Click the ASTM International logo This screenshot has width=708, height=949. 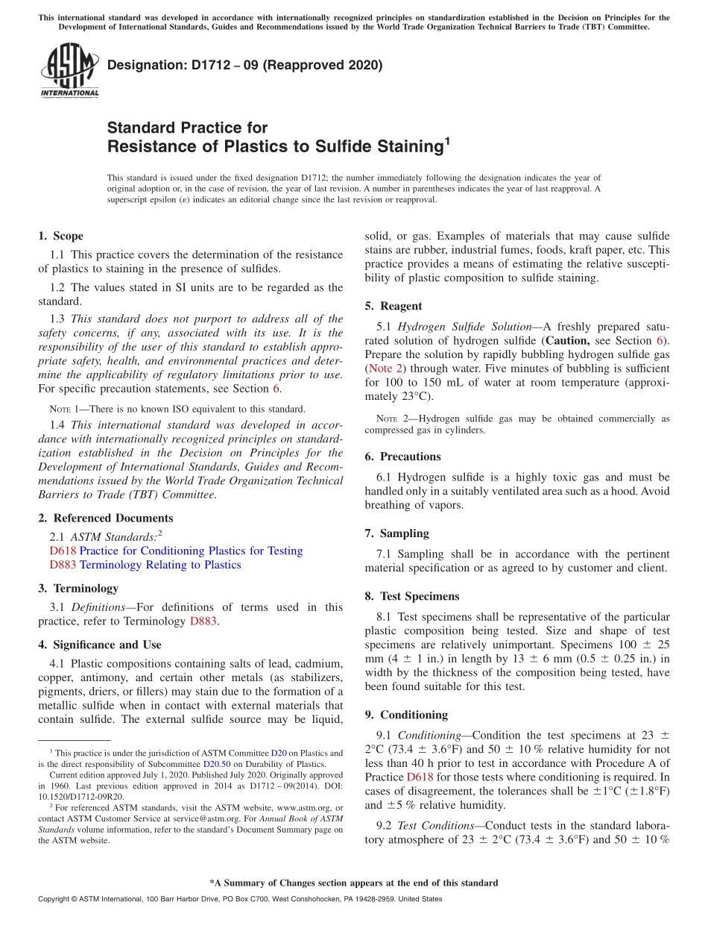(69, 72)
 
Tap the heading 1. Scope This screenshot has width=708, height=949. (60, 236)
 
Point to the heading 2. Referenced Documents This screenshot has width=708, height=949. (105, 518)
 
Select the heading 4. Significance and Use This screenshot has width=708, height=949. (99, 645)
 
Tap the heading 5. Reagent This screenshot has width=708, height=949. (393, 306)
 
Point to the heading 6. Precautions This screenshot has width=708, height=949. (402, 457)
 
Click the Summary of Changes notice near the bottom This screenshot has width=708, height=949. (353, 883)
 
